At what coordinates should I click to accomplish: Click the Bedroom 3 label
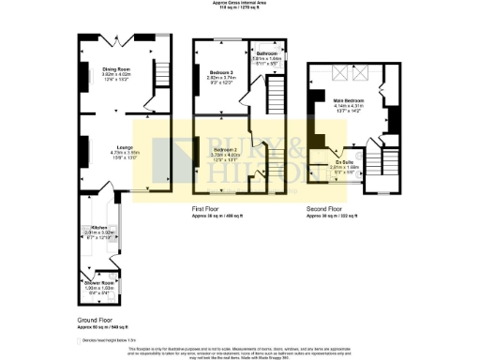click(215, 71)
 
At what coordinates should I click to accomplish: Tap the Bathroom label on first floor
click(266, 54)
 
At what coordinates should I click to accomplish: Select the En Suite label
click(345, 162)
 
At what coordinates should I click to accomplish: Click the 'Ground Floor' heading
click(96, 320)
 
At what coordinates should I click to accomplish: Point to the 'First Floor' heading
click(205, 208)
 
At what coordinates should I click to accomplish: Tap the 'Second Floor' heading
click(325, 208)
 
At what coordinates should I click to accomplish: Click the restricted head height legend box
click(80, 340)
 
